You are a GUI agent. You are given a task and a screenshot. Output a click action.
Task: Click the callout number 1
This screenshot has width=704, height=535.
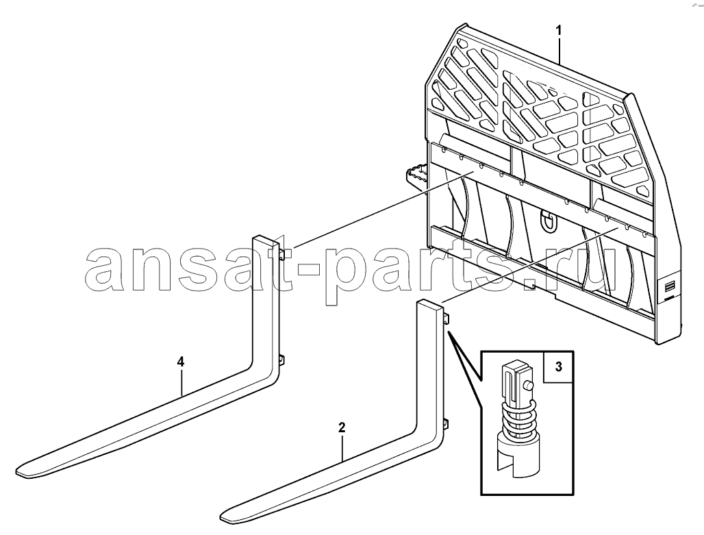click(x=559, y=31)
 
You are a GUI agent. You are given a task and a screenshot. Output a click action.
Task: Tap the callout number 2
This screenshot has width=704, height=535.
click(x=342, y=427)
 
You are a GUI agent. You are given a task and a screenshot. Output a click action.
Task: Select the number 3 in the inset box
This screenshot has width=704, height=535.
click(x=559, y=366)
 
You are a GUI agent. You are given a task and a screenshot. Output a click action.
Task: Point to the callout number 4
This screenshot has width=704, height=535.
click(x=181, y=362)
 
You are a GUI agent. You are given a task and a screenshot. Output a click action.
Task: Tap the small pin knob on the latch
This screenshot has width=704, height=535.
click(x=529, y=386)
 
